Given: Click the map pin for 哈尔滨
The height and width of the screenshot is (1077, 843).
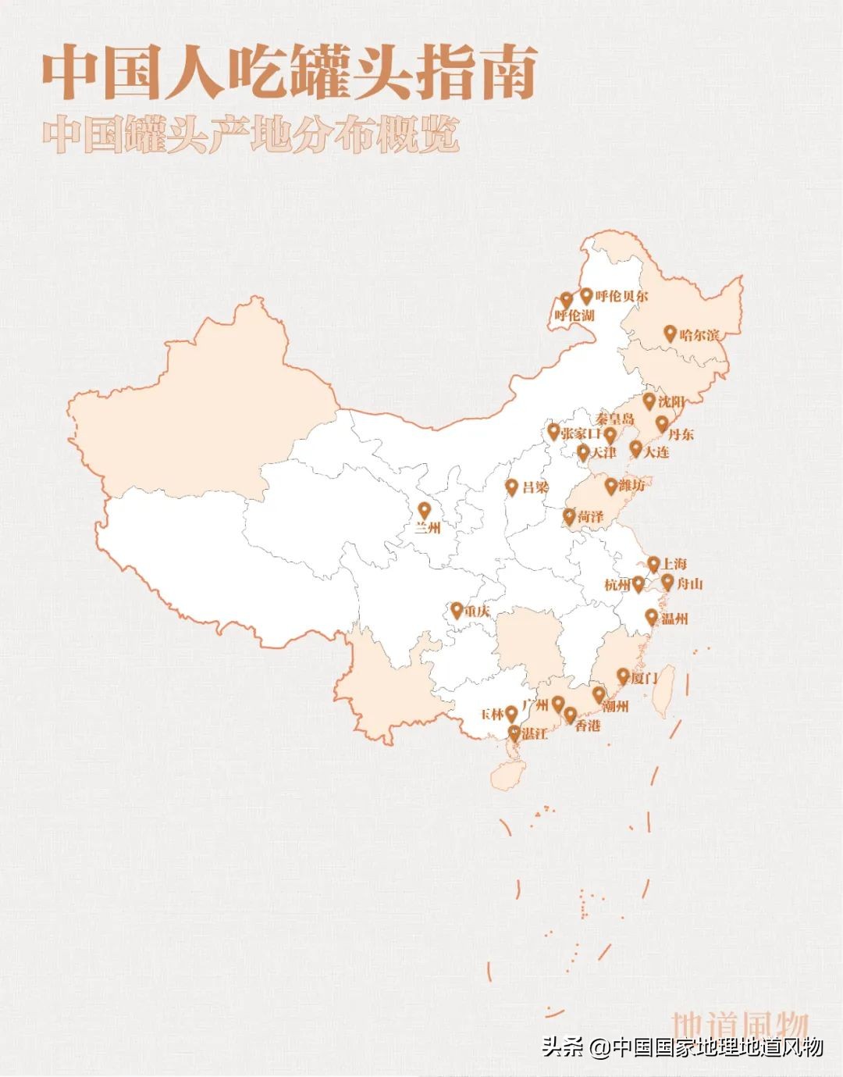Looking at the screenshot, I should coord(670,333).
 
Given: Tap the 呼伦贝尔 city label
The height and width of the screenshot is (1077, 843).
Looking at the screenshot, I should coord(621,297).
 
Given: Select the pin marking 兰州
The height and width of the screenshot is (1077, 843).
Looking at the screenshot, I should coord(424,511).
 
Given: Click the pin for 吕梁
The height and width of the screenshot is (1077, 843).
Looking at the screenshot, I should coord(512,487).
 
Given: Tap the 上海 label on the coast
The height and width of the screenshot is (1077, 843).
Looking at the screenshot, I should coord(674,564).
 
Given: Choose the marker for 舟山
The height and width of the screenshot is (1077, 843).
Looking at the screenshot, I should coord(667,581).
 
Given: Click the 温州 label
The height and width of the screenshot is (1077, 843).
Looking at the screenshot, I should coord(674,619).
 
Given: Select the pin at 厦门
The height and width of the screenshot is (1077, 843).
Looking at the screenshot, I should coord(623,676).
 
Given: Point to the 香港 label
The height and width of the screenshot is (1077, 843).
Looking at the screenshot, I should coord(588,726).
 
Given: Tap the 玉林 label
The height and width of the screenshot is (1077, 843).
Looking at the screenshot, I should coord(492,714).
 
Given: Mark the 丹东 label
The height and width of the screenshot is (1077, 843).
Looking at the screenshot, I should coord(681,434).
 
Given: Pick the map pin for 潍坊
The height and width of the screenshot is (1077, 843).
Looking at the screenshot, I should coord(610,486).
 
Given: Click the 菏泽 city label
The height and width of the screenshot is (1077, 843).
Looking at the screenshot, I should coord(591,517).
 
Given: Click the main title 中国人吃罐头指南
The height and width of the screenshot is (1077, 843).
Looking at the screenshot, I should coord(289,74).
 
